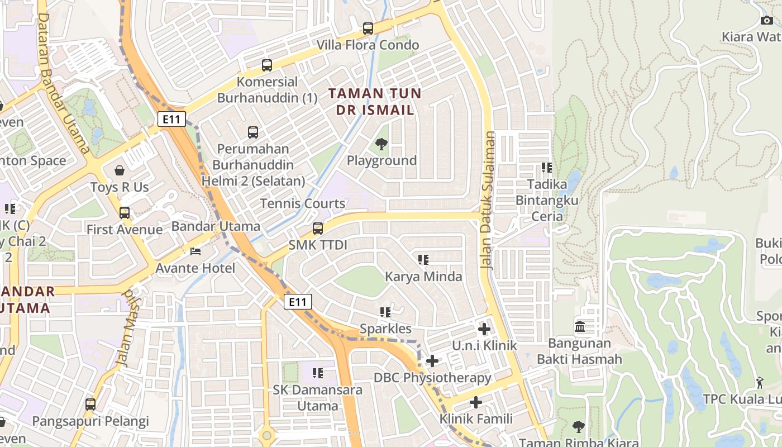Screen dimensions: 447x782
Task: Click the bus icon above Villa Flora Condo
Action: click(368, 28)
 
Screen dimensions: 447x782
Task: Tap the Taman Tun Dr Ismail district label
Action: click(374, 101)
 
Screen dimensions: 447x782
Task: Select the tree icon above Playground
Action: click(382, 145)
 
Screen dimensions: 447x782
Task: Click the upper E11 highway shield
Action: click(171, 119)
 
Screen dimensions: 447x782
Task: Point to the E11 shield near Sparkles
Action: click(298, 302)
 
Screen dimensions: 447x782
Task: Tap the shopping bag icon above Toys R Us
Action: click(120, 170)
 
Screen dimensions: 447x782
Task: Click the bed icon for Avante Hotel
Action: click(195, 252)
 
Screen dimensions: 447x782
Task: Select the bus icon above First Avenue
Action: click(124, 213)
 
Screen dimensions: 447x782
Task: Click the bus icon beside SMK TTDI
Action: click(318, 229)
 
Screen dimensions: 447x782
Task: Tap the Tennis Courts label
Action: click(303, 203)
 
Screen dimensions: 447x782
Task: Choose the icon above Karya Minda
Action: click(423, 260)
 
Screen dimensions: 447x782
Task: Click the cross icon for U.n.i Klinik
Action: click(484, 330)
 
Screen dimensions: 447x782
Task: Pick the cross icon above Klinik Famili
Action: click(476, 402)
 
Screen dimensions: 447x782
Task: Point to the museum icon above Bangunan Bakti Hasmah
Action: click(579, 326)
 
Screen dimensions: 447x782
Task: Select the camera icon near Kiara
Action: click(766, 21)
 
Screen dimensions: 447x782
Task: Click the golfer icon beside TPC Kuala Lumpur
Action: click(760, 383)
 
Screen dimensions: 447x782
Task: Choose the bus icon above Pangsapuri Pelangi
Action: click(90, 404)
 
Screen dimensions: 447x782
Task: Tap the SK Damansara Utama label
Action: click(317, 397)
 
